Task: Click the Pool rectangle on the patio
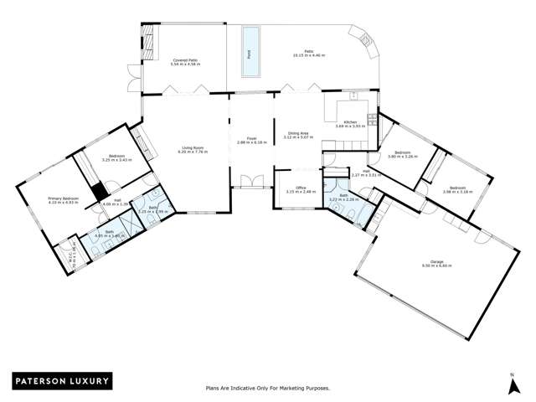[x=249, y=51]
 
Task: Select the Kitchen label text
[x=351, y=123]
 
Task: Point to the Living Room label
[x=193, y=152]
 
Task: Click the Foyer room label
[x=251, y=141]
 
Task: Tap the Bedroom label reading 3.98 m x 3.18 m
[x=456, y=189]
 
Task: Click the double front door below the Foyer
[x=250, y=181]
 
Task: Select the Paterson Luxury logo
[x=60, y=381]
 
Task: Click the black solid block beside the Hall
[x=98, y=190]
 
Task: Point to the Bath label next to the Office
[x=344, y=198]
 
